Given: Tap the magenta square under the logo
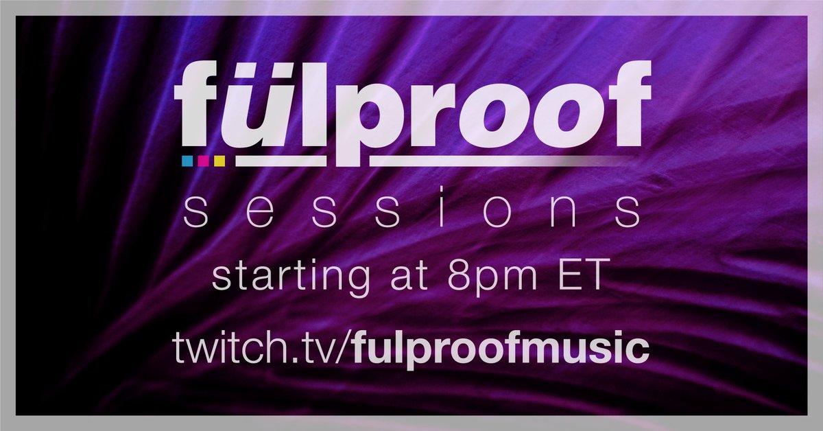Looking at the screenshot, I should click(x=203, y=161).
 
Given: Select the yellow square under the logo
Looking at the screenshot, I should click(x=219, y=161).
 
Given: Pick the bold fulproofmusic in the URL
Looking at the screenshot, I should click(x=501, y=349).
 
